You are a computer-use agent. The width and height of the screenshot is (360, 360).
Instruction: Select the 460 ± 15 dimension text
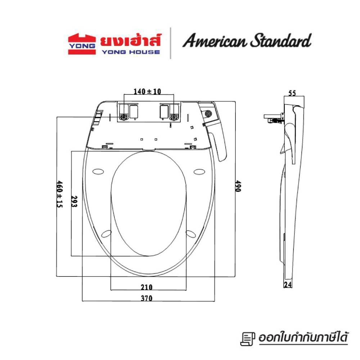(60, 194)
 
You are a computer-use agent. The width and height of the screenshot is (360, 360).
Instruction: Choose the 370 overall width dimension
(147, 298)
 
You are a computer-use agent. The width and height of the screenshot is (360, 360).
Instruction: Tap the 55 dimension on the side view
(292, 93)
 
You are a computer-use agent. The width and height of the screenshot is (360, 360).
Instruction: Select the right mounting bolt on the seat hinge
(175, 117)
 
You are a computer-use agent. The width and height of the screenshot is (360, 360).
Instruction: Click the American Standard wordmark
(247, 41)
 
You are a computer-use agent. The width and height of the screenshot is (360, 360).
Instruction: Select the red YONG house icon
(82, 44)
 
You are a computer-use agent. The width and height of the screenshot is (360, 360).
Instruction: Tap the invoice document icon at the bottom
(246, 339)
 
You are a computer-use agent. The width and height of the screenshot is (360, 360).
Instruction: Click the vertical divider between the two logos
(170, 43)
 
